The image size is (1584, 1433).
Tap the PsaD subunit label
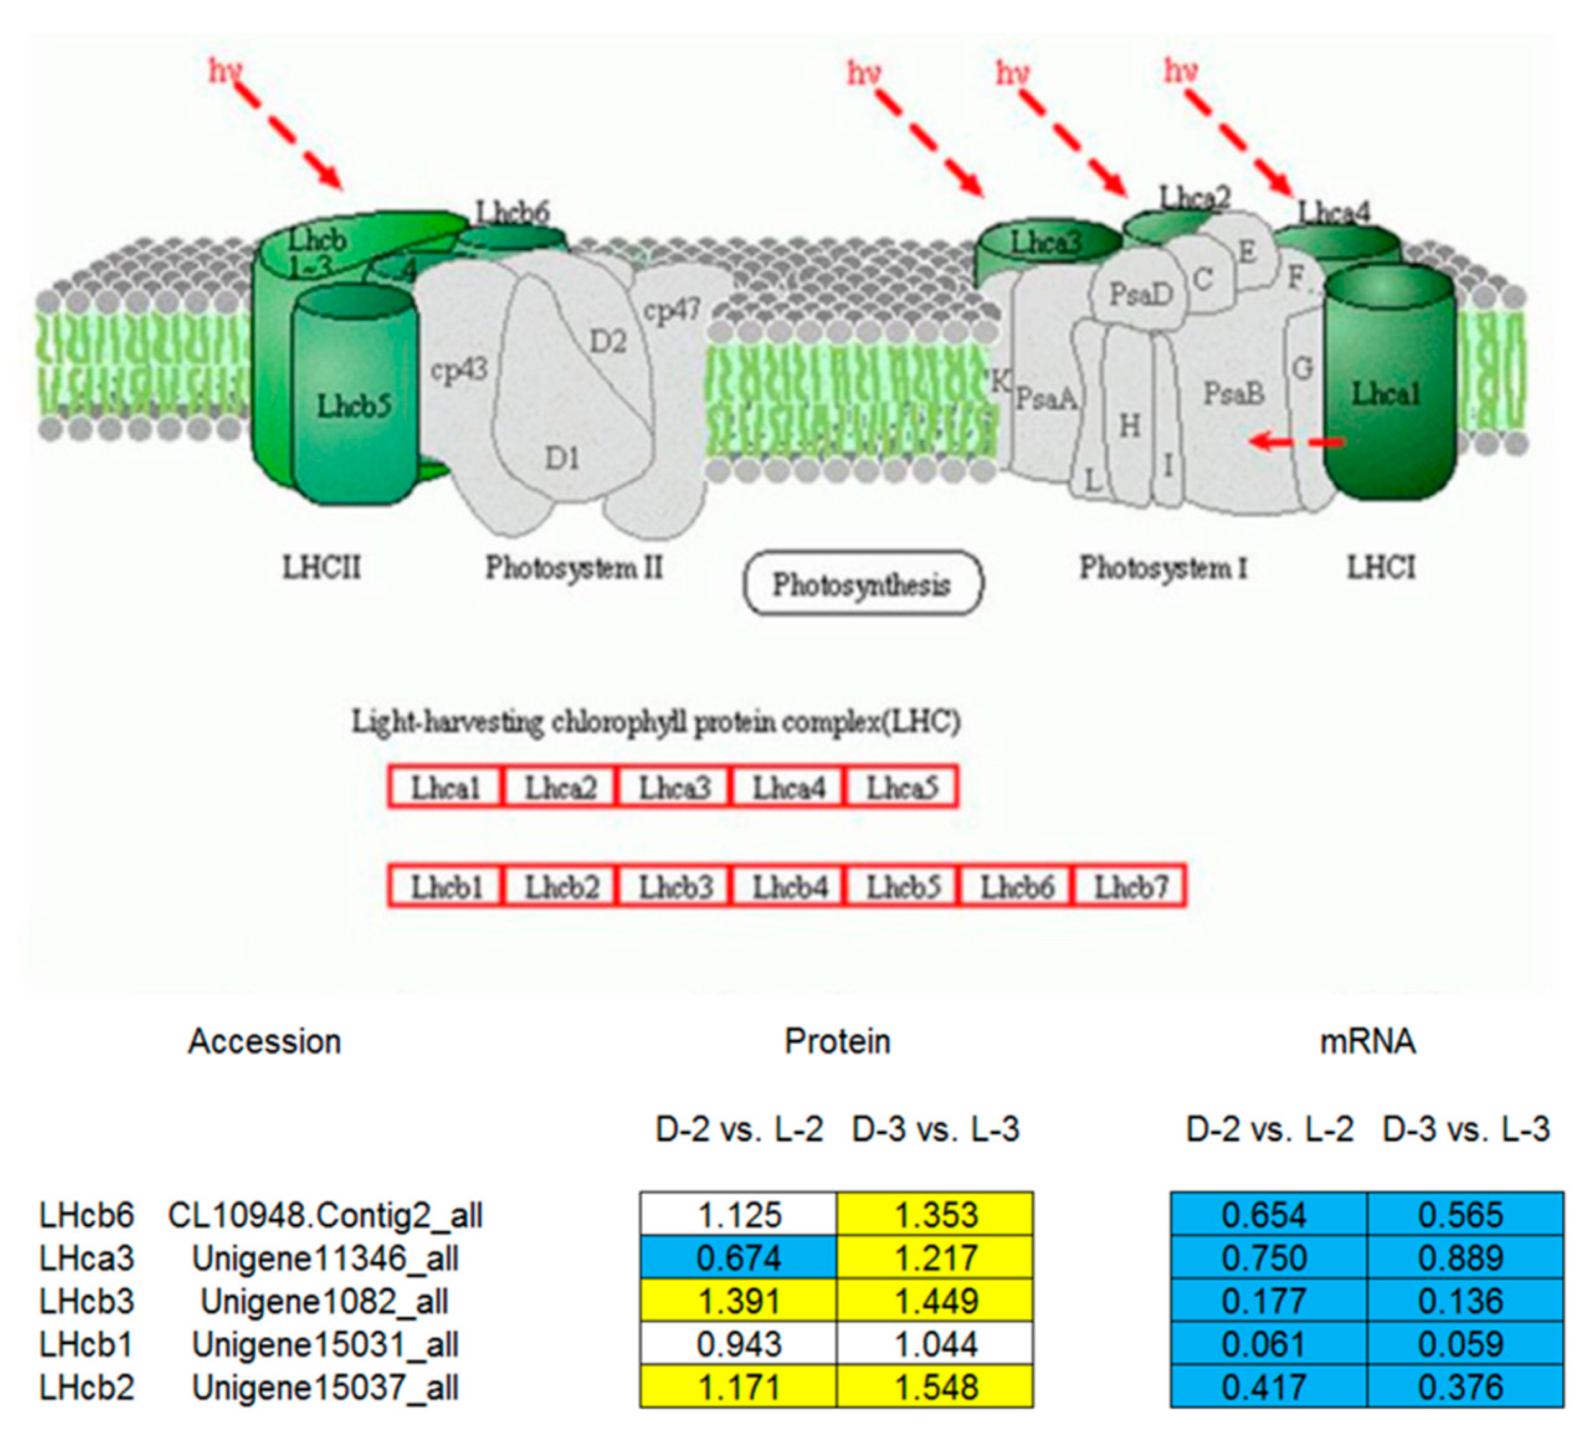[1140, 295]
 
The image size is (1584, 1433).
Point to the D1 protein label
[563, 457]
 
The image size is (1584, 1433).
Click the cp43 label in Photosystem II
[459, 369]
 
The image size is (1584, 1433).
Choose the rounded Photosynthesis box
[862, 584]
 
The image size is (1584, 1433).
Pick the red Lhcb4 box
[789, 886]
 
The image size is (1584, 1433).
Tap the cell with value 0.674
[738, 1258]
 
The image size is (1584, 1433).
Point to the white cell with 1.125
[738, 1214]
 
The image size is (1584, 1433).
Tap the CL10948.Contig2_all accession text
[325, 1214]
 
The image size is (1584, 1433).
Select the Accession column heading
[264, 1041]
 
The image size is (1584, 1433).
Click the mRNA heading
[1367, 1041]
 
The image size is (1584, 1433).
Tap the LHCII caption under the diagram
[322, 566]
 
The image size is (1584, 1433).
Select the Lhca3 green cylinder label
[1046, 242]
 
